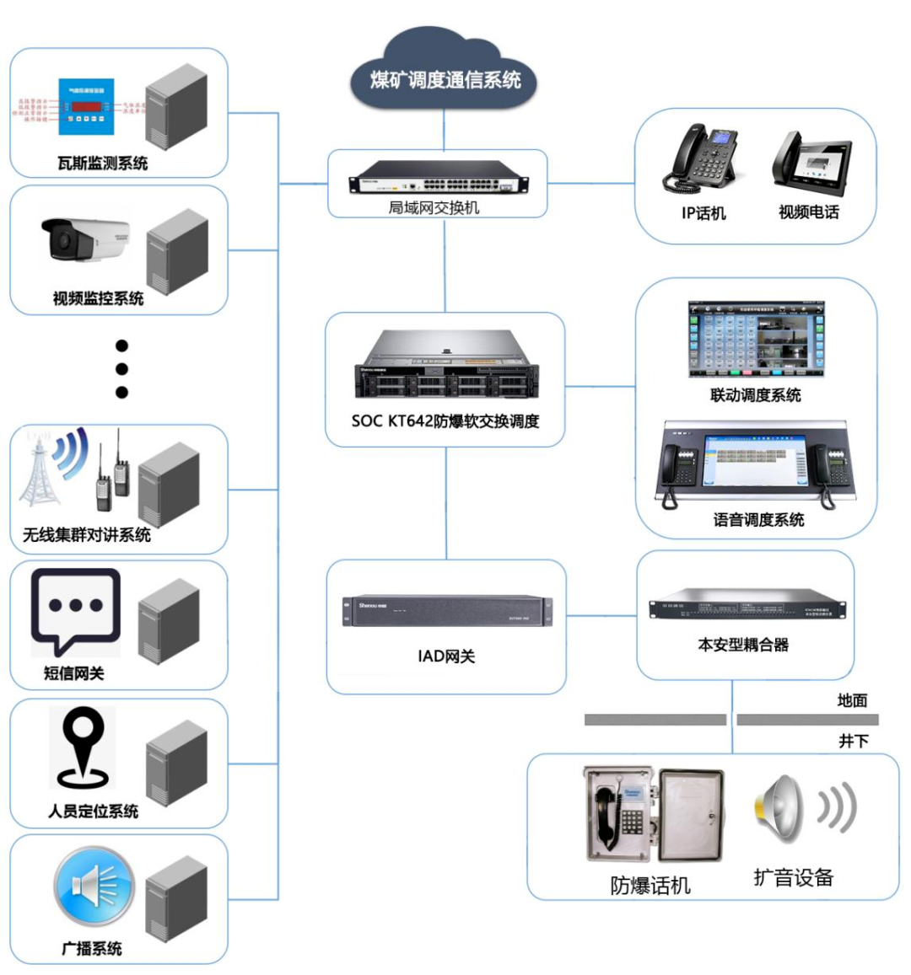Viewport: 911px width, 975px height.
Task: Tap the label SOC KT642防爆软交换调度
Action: click(x=445, y=421)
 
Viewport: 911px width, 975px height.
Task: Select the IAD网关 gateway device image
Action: click(x=446, y=610)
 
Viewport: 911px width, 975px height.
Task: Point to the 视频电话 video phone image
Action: click(x=811, y=163)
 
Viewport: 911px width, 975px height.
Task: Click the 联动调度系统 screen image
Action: click(x=755, y=339)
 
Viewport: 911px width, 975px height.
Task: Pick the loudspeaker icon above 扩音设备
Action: click(x=779, y=808)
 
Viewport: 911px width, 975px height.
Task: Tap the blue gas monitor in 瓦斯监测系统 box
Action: click(x=86, y=106)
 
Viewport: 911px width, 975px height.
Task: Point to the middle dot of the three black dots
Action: click(x=121, y=369)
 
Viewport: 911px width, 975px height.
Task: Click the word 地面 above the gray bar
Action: click(x=852, y=700)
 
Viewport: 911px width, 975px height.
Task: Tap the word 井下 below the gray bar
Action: click(x=853, y=741)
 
